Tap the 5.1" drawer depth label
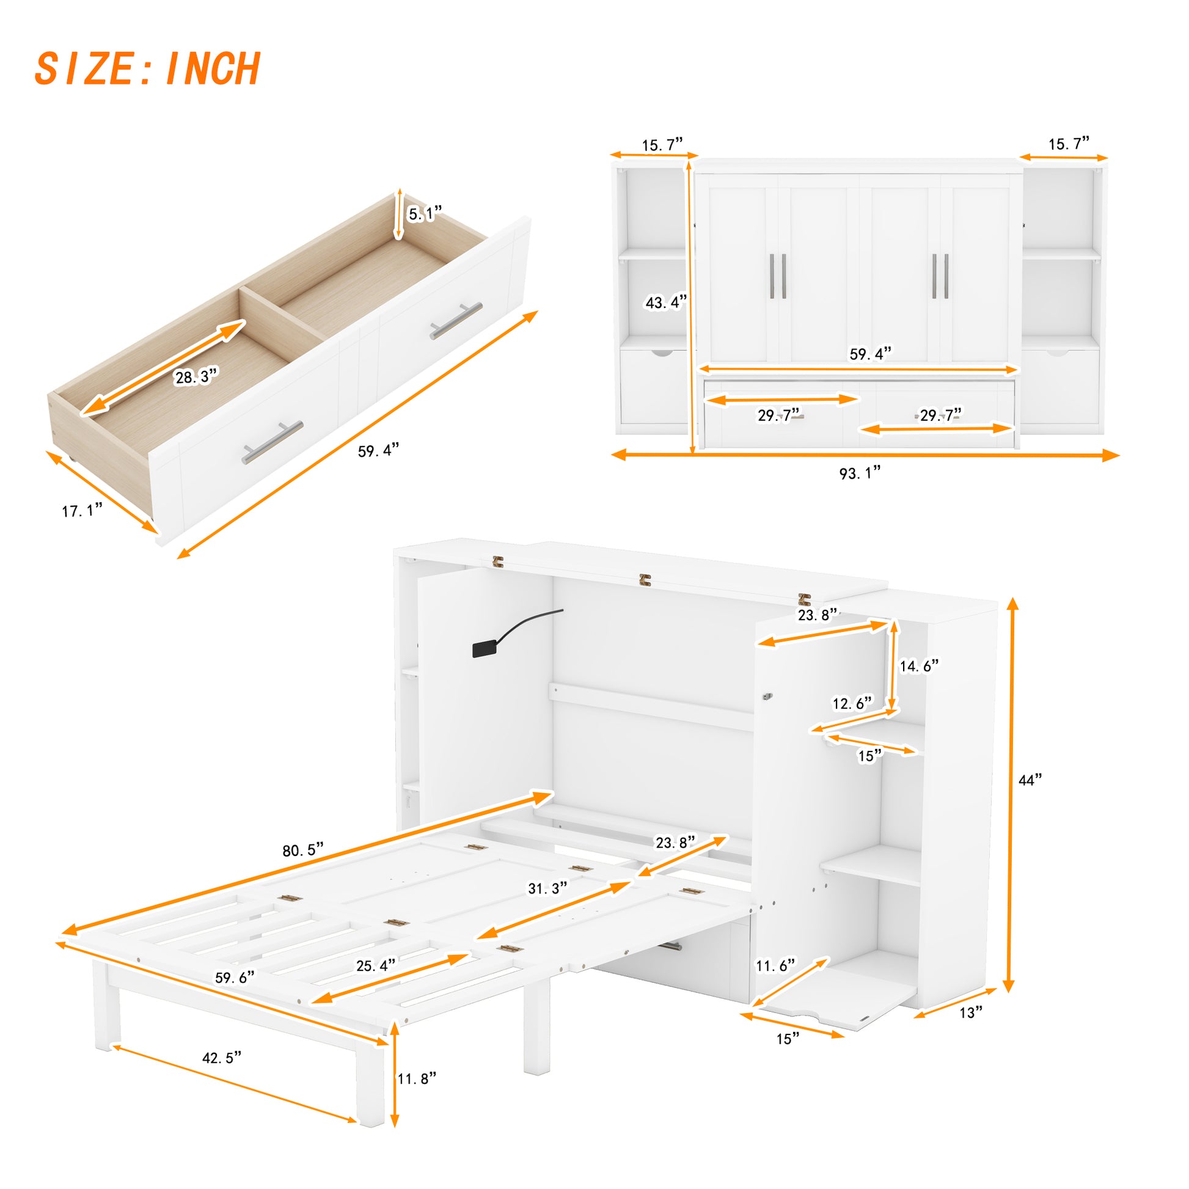pyautogui.click(x=425, y=214)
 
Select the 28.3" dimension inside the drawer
pyautogui.click(x=196, y=376)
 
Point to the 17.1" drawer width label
pyautogui.click(x=82, y=510)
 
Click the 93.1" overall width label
pyautogui.click(x=860, y=473)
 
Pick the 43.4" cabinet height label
pyautogui.click(x=665, y=302)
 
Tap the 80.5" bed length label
pyautogui.click(x=303, y=850)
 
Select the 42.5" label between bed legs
pyautogui.click(x=222, y=1057)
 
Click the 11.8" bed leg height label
pyautogui.click(x=417, y=1078)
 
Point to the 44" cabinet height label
pyautogui.click(x=1030, y=780)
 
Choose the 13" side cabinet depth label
pyautogui.click(x=970, y=1012)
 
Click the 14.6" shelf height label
pyautogui.click(x=919, y=665)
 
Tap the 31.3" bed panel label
pyautogui.click(x=547, y=888)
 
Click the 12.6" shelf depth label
pyautogui.click(x=852, y=703)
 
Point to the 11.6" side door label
pyautogui.click(x=775, y=965)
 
